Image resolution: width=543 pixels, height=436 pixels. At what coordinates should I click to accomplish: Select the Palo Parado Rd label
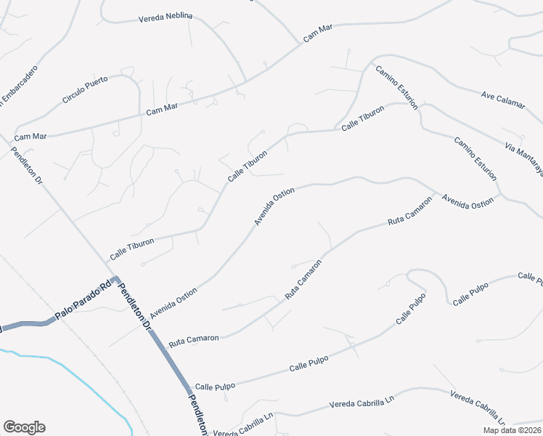pos(83,300)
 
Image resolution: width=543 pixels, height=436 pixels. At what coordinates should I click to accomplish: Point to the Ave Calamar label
pos(502,100)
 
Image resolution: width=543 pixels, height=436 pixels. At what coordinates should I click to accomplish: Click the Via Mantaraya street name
pos(524,158)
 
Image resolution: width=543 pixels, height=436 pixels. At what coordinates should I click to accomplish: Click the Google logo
pos(24,427)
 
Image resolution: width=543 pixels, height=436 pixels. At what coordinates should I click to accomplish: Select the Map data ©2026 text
pos(513,429)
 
